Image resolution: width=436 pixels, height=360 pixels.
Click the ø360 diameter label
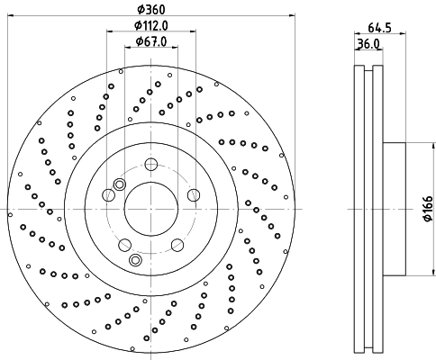point(151,8)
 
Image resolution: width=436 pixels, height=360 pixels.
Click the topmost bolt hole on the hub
point(151,164)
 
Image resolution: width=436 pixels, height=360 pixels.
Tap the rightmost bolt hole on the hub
point(193,194)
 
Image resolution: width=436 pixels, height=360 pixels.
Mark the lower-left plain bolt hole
point(125,245)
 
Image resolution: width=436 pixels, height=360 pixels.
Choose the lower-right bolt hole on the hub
point(177,245)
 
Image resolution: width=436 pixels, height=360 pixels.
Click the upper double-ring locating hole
point(108,195)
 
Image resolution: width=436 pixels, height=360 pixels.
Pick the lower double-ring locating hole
point(135,260)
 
